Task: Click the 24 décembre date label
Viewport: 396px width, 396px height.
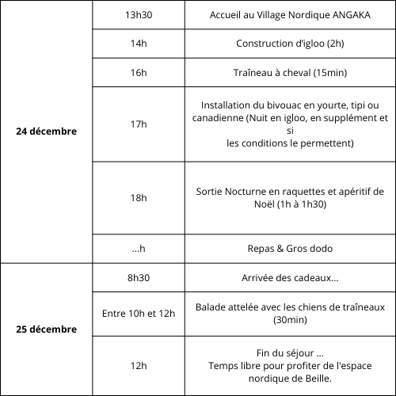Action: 47,131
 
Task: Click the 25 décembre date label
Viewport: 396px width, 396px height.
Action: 47,329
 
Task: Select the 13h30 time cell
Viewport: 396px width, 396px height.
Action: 139,15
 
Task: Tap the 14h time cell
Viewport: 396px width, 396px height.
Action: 139,44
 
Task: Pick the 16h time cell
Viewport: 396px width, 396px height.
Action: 139,73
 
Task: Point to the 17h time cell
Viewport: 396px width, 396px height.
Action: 139,124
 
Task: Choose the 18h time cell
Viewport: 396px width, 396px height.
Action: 139,197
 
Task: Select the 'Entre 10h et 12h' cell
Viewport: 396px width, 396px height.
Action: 139,314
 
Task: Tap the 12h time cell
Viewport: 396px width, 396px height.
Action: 139,365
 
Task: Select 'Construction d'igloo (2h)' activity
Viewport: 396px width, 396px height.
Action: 289,44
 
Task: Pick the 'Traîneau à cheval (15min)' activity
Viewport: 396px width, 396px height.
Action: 289,73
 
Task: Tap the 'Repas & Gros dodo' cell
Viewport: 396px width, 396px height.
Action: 289,248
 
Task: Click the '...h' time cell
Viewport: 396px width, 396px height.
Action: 139,248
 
